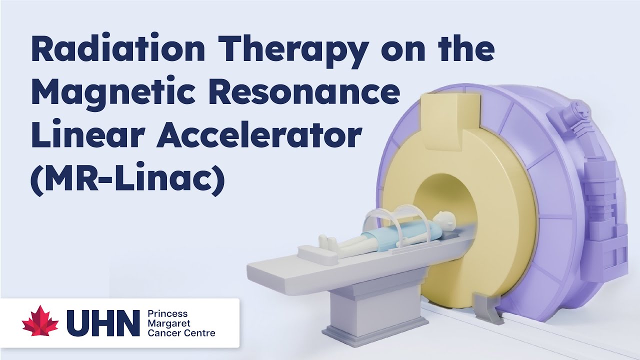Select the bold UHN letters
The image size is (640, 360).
103,323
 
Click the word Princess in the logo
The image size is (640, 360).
167,313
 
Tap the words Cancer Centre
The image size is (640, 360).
181,332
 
